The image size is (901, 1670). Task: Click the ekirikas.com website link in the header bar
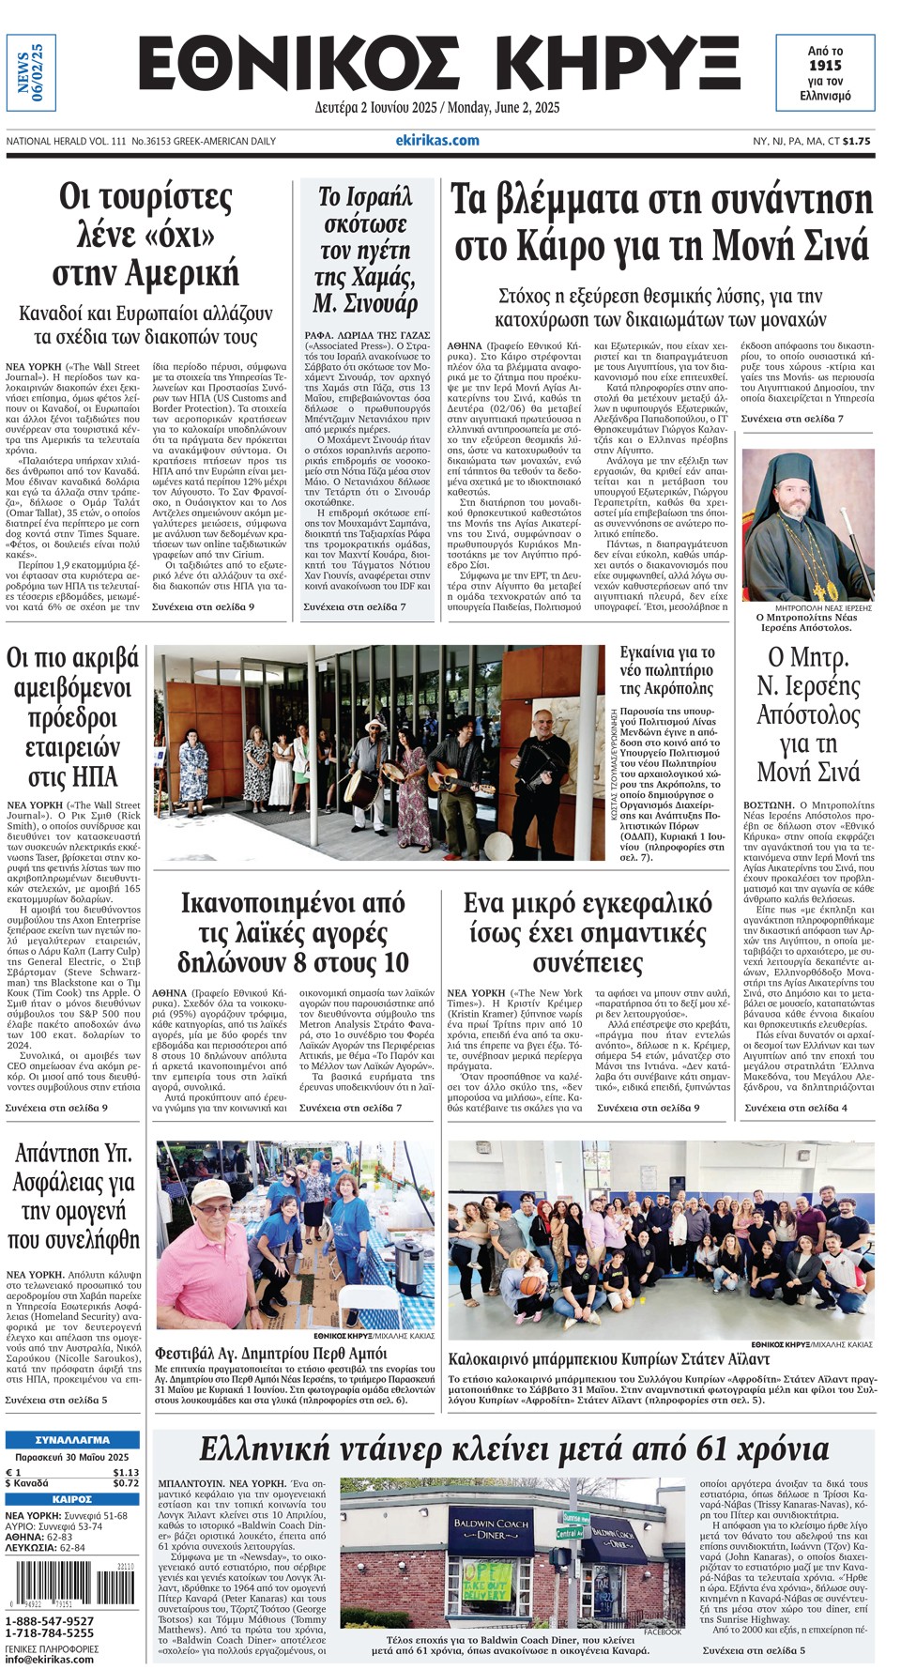point(436,140)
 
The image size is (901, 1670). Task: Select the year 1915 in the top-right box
point(825,66)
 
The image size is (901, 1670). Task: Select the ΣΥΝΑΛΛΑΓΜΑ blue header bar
point(72,1439)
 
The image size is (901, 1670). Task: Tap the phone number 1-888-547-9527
point(50,1621)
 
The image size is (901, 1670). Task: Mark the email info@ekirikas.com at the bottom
point(50,1659)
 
